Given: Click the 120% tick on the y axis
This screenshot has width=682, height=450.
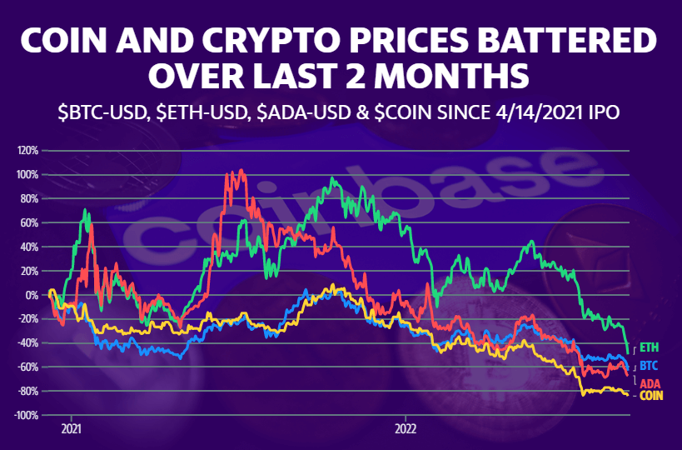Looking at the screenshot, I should click(27, 151).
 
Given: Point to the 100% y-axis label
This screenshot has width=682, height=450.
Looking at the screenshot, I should click(27, 175).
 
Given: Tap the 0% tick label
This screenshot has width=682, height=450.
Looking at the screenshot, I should click(32, 295).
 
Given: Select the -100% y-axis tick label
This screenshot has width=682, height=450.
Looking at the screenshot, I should click(25, 415).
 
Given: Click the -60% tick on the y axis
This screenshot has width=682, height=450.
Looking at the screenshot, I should click(27, 367).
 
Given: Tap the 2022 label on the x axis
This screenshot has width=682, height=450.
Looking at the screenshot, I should click(405, 432).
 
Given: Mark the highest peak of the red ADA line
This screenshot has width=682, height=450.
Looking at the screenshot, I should click(241, 171).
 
